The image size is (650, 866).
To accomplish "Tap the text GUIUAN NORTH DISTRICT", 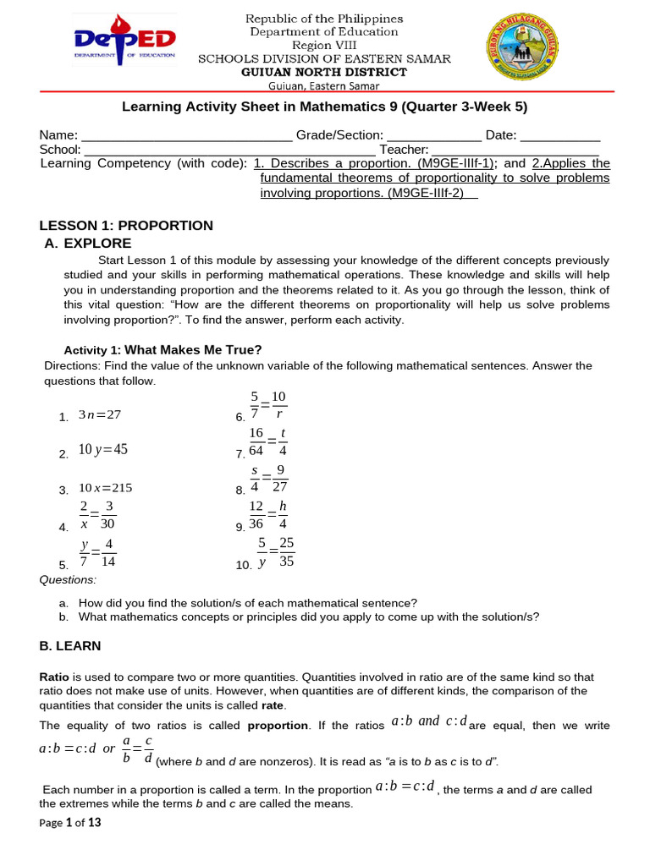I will [324, 72].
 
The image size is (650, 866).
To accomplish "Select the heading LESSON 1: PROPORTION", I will [126, 225].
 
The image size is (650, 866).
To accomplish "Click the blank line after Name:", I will [186, 136].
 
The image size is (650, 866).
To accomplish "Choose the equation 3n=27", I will [100, 415].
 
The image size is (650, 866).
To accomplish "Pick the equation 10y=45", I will [102, 450].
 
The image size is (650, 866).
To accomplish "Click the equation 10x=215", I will [105, 488].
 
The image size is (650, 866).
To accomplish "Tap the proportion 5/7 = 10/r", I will [268, 405].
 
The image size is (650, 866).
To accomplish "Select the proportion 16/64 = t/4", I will [269, 441].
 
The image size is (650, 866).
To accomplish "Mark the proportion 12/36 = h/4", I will [269, 515].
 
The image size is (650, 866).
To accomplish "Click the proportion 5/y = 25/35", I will [276, 551].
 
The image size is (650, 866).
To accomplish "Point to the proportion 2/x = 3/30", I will [97, 515].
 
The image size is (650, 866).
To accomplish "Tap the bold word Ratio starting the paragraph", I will [55, 677].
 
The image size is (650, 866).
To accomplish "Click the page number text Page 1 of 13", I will [70, 823].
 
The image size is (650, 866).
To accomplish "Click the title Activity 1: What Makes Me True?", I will [163, 349].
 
